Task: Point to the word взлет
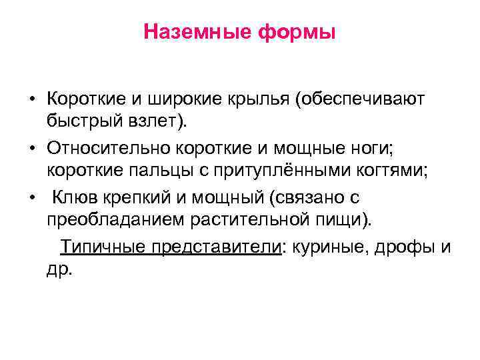point(147,121)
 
